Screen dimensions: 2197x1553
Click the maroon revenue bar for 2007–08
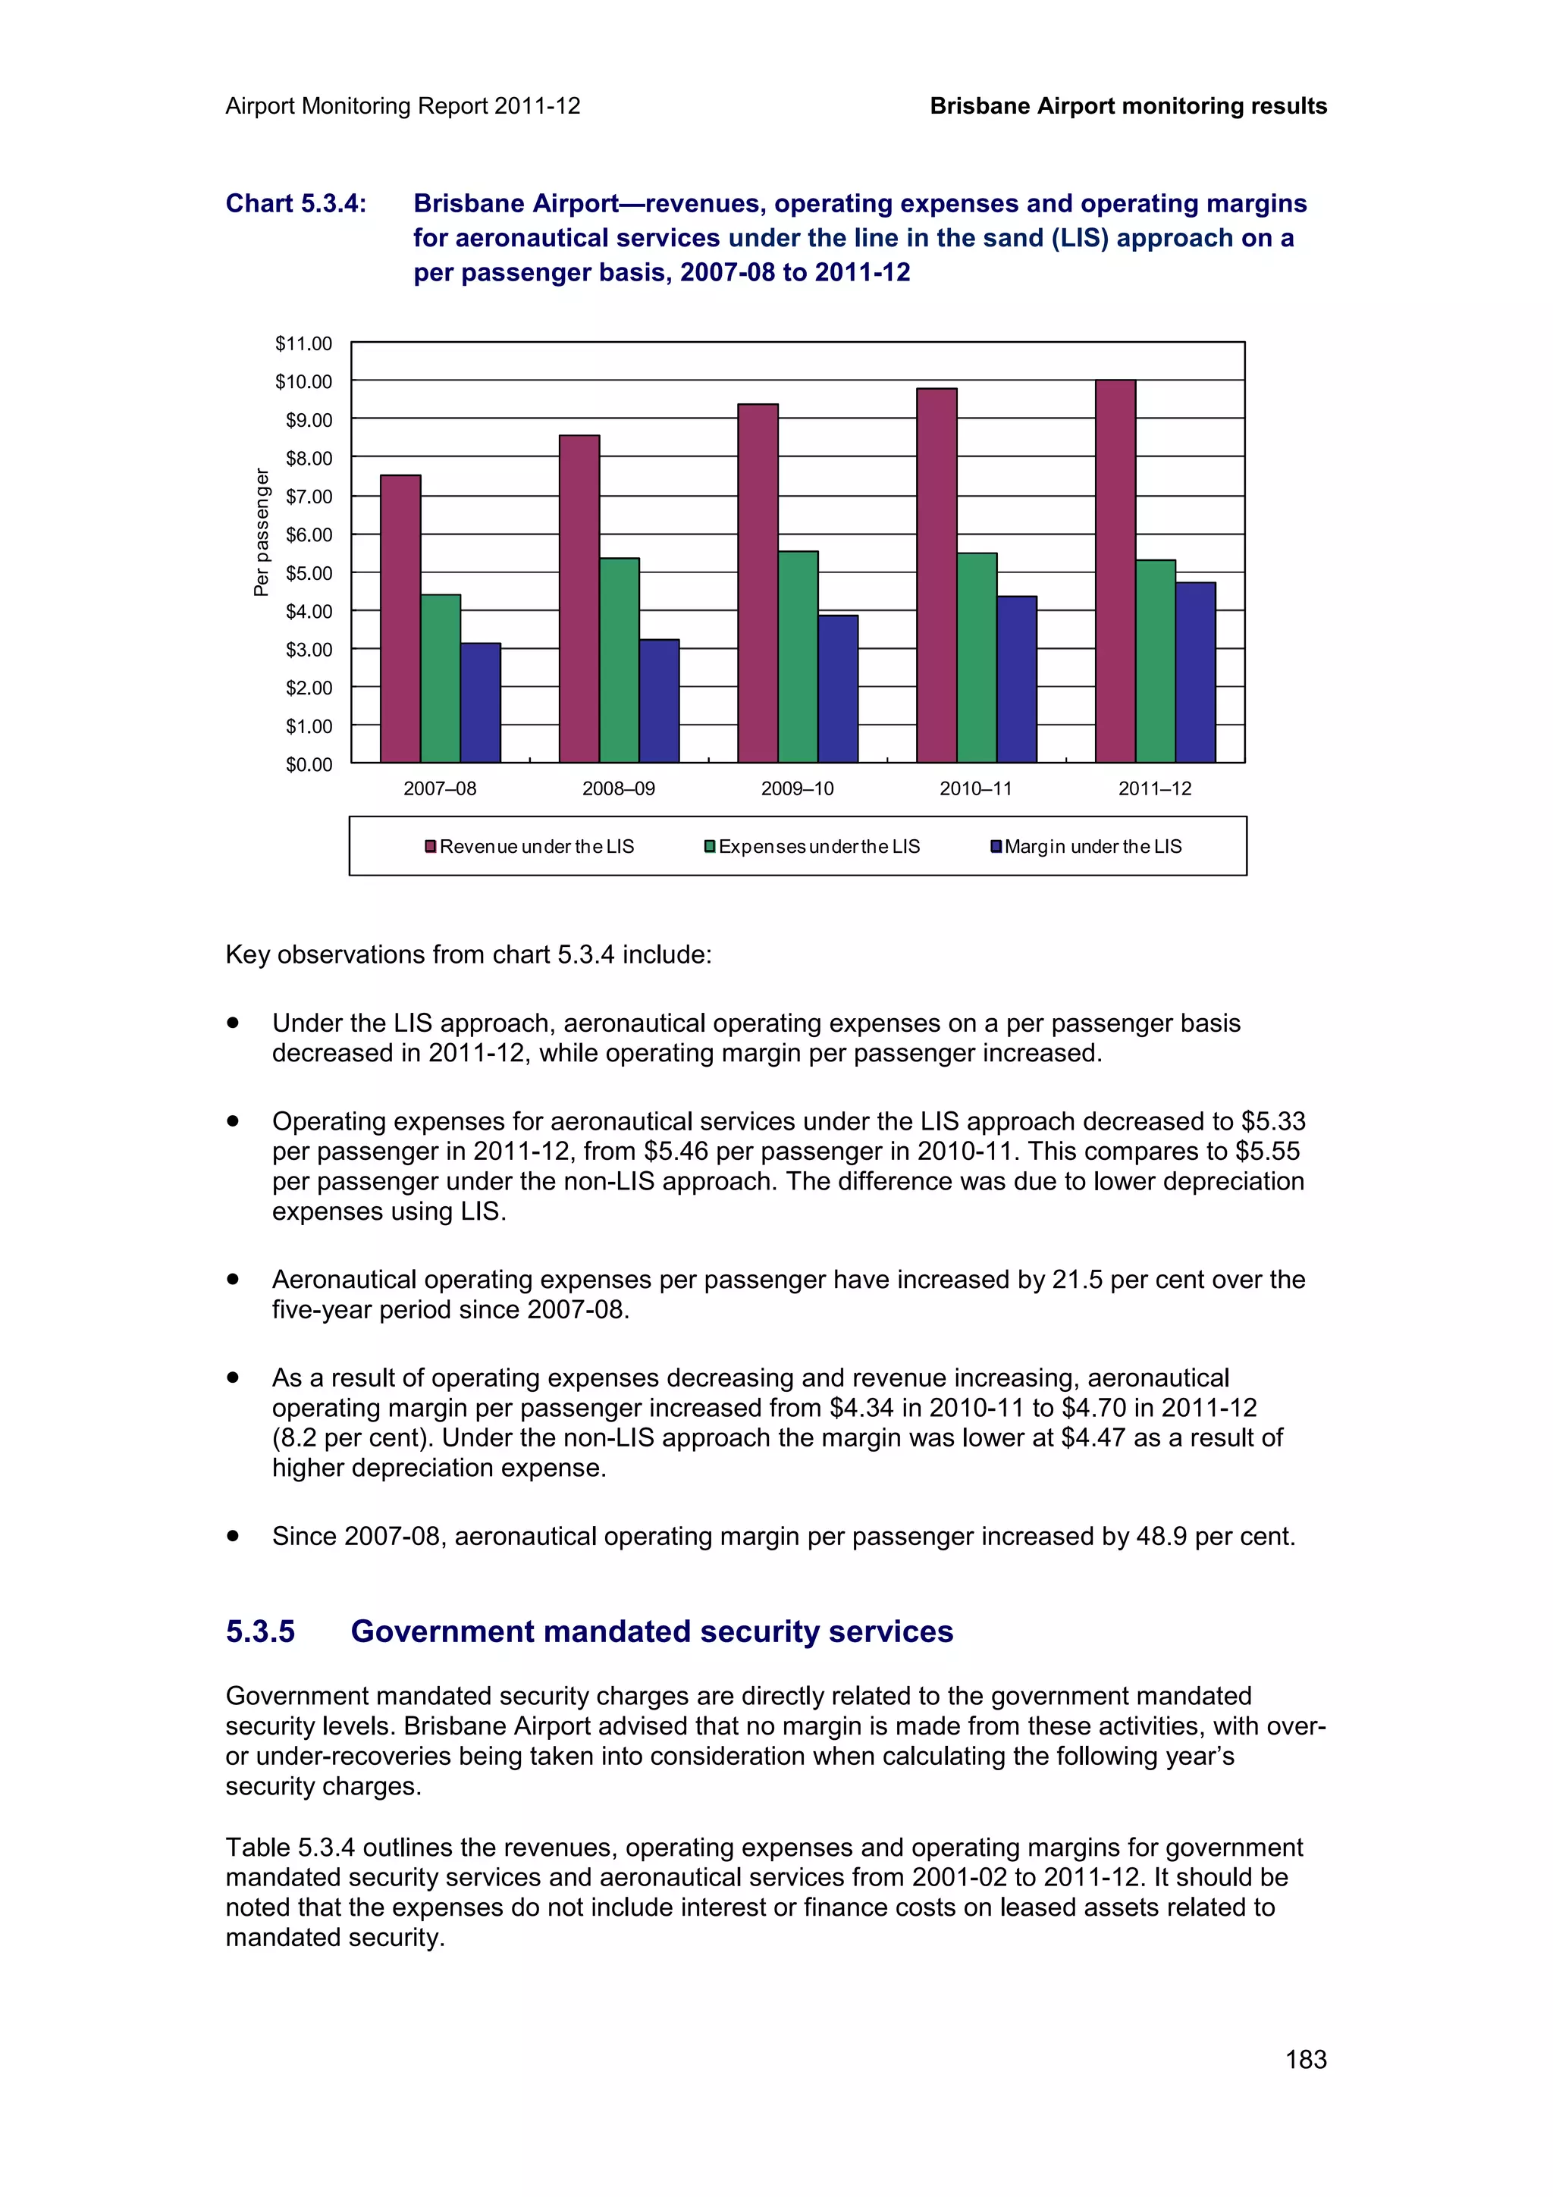(400, 619)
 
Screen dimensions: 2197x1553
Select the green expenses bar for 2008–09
(619, 660)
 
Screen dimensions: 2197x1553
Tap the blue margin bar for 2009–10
(837, 689)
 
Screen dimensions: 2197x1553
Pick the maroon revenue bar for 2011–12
(1115, 572)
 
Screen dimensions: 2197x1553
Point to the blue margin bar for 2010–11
(1016, 679)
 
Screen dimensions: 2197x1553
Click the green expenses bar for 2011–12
(1155, 661)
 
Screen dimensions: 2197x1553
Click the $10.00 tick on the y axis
(303, 382)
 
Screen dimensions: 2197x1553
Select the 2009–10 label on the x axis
(797, 788)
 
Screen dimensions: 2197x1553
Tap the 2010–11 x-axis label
(975, 788)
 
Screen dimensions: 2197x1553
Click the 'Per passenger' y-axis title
(261, 532)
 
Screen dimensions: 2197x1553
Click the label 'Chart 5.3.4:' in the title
(296, 204)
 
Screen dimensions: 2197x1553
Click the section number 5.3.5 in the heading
(260, 1631)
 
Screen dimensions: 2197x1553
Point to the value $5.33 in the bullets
(1272, 1120)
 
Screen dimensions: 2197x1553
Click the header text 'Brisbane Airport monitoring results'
(1128, 106)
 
